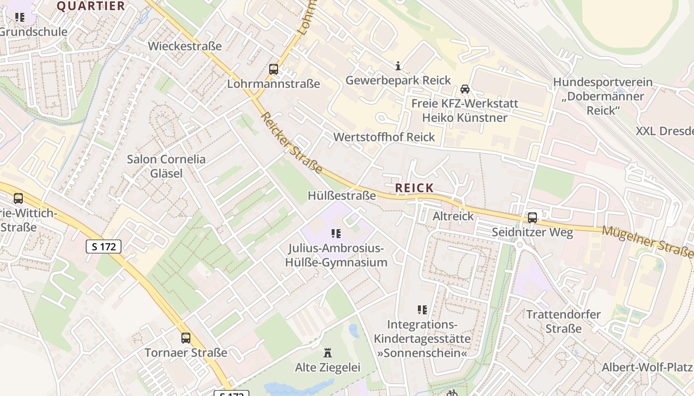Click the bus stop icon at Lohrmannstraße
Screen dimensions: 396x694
point(274,69)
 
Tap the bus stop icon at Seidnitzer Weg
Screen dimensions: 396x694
point(532,217)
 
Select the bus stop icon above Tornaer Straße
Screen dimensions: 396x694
point(186,338)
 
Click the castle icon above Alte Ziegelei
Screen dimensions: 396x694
point(328,353)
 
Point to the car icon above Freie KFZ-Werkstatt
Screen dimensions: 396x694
point(465,89)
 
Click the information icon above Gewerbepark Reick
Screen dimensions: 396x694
point(398,66)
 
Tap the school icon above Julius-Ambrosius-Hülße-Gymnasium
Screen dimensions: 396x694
point(336,233)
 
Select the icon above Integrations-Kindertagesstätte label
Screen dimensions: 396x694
point(422,310)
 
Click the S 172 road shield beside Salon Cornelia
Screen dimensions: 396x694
point(104,247)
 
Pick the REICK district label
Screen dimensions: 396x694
point(414,188)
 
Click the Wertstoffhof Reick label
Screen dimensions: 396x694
point(384,137)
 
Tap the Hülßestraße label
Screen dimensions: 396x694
point(342,196)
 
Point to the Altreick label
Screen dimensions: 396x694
point(453,216)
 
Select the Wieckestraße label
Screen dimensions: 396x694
point(185,46)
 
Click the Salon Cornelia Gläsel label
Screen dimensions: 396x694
point(166,166)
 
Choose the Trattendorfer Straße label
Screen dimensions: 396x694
point(563,321)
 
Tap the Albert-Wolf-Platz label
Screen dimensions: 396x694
point(646,367)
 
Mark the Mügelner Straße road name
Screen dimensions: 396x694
point(647,242)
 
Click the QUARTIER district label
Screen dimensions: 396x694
point(91,6)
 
